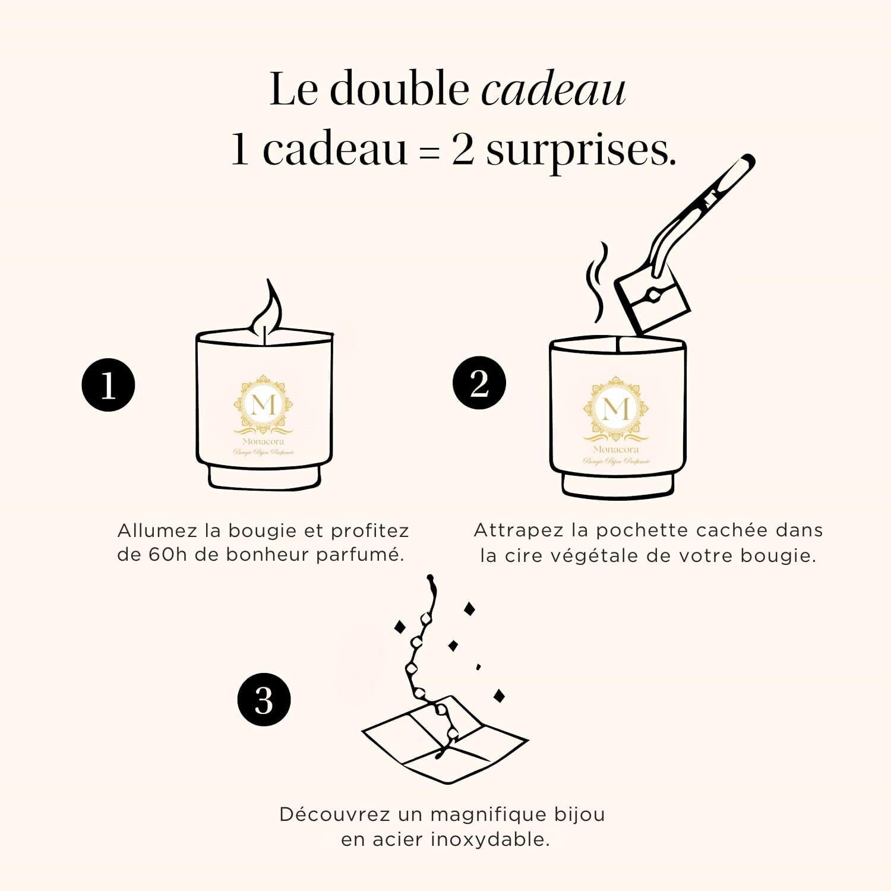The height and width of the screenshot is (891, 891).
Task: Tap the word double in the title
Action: (x=399, y=89)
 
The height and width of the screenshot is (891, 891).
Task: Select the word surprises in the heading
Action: (x=580, y=150)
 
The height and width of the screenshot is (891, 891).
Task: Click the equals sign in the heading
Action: (x=429, y=153)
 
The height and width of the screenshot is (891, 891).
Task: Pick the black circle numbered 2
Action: (x=479, y=383)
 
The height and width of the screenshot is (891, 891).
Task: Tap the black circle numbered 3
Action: (x=264, y=699)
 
